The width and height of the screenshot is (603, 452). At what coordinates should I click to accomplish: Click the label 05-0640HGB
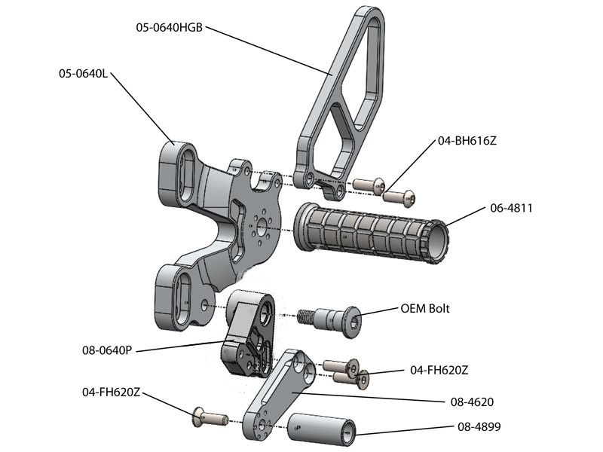(x=169, y=28)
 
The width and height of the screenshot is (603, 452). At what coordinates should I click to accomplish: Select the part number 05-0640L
(x=84, y=74)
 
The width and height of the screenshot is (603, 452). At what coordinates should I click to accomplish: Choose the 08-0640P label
(x=106, y=350)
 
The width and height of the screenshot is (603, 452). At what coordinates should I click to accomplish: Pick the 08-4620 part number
(x=479, y=402)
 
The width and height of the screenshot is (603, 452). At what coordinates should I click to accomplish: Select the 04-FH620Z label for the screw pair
(x=439, y=370)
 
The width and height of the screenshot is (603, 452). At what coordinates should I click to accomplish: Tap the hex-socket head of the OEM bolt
(x=350, y=322)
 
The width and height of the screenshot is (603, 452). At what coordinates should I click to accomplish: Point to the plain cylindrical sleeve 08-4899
(x=323, y=430)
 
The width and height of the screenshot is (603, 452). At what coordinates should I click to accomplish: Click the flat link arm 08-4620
(x=279, y=395)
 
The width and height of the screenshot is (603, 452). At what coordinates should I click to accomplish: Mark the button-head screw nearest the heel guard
(x=368, y=185)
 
